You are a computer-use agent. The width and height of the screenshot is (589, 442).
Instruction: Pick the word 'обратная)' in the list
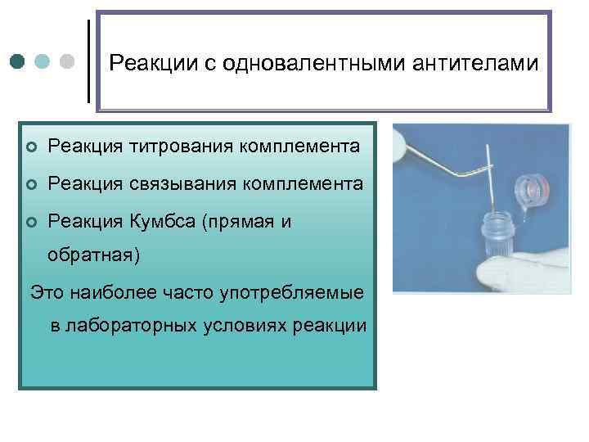click(x=94, y=255)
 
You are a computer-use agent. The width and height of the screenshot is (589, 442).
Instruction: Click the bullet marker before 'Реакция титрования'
click(x=31, y=147)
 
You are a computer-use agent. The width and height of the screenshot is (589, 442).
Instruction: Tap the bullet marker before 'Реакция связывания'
click(x=31, y=184)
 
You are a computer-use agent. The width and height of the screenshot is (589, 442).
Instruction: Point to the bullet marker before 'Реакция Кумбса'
click(x=31, y=221)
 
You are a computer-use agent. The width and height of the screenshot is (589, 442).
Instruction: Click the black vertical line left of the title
click(x=88, y=61)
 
